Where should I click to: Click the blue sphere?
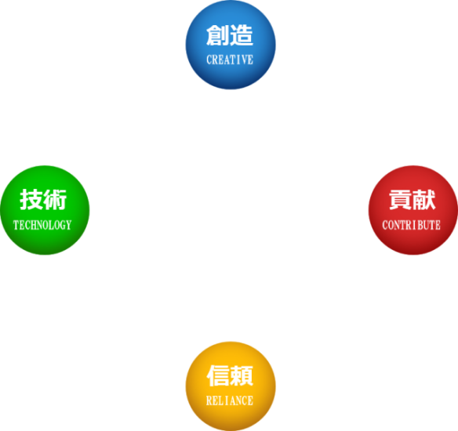point(230,45)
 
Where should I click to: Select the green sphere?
point(45,209)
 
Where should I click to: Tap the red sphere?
point(413,209)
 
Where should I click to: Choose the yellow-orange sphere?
point(230,385)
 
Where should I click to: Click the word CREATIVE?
point(230,60)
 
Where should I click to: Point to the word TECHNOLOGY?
point(42,225)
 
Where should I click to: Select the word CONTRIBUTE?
point(411,225)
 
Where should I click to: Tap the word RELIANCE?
point(230,400)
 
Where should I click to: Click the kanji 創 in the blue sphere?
point(217,36)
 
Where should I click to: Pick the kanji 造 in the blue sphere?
point(242,36)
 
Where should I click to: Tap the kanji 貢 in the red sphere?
point(399,201)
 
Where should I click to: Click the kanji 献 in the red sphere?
point(423,201)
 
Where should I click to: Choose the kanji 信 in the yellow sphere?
point(217,376)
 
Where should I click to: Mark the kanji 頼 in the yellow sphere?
point(242,376)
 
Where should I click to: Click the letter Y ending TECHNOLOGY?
point(68,225)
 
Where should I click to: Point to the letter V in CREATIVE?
point(244,60)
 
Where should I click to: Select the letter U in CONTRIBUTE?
point(426,225)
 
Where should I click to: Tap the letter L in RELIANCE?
point(221,400)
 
